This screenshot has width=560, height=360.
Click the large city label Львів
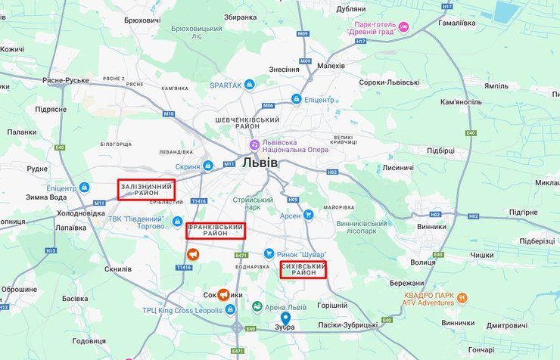click(260, 163)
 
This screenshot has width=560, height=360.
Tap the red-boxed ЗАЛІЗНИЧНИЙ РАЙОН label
click(146, 189)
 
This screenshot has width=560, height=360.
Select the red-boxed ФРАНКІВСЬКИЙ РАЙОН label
click(216, 231)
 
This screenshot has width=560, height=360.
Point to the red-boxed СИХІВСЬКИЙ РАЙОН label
click(303, 270)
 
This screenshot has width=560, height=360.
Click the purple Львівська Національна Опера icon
click(256, 144)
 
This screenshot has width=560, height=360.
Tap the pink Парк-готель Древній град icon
click(404, 28)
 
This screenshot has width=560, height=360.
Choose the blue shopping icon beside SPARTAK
click(249, 85)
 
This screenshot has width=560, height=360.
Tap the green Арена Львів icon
click(257, 307)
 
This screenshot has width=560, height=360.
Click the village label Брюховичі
click(142, 20)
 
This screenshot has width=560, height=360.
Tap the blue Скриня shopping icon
click(208, 166)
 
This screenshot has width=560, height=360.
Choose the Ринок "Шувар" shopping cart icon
click(269, 254)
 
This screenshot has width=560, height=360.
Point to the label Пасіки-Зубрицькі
click(348, 324)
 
